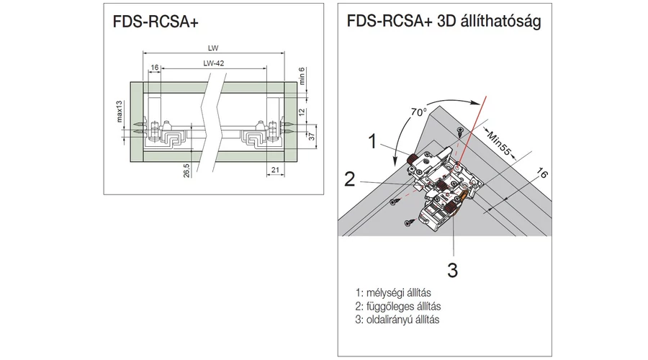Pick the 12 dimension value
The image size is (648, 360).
click(x=303, y=112)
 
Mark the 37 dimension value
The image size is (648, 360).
click(x=303, y=138)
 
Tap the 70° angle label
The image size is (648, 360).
click(x=418, y=112)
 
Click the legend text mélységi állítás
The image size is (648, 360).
click(x=393, y=293)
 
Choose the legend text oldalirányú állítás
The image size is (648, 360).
click(x=397, y=319)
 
